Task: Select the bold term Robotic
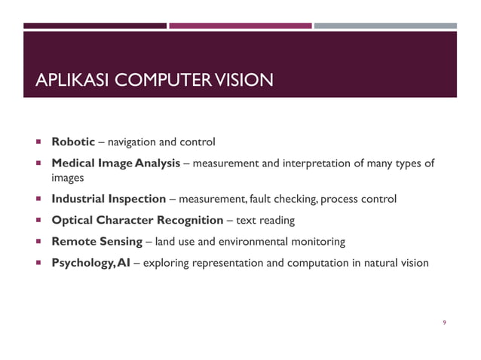tap(72, 141)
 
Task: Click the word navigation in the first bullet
tap(133, 142)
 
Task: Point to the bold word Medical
tap(72, 163)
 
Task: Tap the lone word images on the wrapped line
tap(67, 178)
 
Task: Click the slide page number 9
tap(445, 323)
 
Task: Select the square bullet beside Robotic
tap(35, 142)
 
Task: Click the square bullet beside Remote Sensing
tap(35, 242)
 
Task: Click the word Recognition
tap(188, 221)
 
